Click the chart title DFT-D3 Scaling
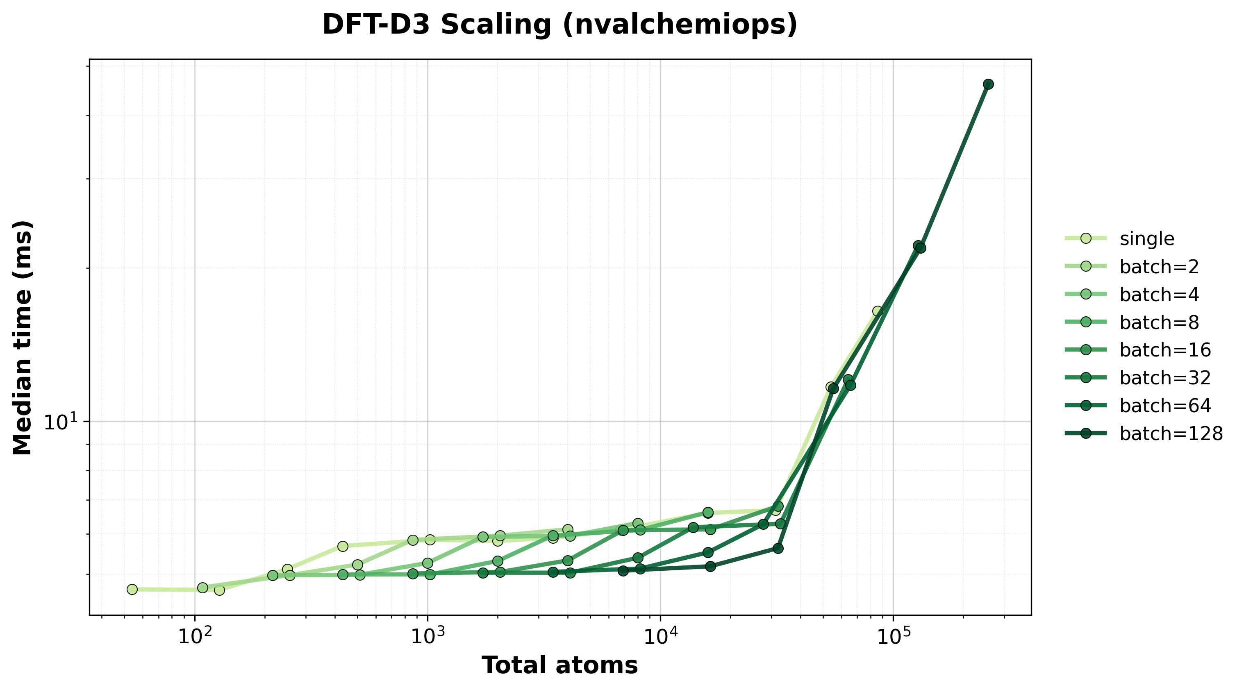click(x=559, y=25)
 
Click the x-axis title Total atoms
click(x=559, y=665)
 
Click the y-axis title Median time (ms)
click(x=23, y=338)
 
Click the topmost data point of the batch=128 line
click(x=988, y=84)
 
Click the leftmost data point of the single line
click(x=132, y=589)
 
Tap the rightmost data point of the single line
click(x=878, y=311)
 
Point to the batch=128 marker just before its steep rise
click(x=778, y=549)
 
